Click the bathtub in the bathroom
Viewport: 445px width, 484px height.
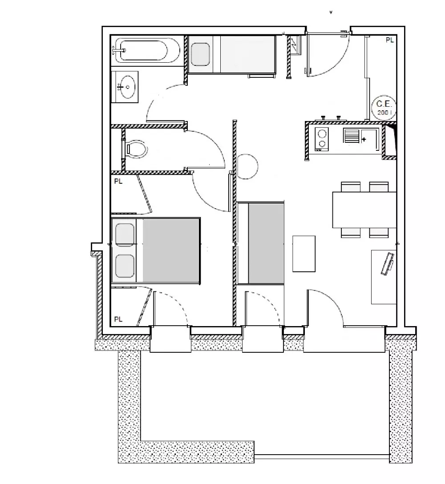pyautogui.click(x=146, y=50)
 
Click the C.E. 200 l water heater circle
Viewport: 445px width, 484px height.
pyautogui.click(x=384, y=107)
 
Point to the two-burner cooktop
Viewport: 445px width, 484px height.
pyautogui.click(x=322, y=139)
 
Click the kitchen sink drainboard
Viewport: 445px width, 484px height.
pyautogui.click(x=352, y=136)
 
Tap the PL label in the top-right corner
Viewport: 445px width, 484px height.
pyautogui.click(x=390, y=40)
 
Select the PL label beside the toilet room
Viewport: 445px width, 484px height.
pyautogui.click(x=118, y=181)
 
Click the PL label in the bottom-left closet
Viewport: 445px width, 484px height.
pyautogui.click(x=118, y=319)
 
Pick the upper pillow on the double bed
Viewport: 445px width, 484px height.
pyautogui.click(x=125, y=235)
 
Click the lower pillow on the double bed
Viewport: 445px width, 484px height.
pyautogui.click(x=125, y=266)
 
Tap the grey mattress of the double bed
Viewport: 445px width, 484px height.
pyautogui.click(x=171, y=250)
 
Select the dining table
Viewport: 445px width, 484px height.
pyautogui.click(x=364, y=210)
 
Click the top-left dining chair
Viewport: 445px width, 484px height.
pyautogui.click(x=351, y=187)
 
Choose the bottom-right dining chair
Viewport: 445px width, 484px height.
pyautogui.click(x=379, y=233)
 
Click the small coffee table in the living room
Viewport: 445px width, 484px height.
pyautogui.click(x=304, y=254)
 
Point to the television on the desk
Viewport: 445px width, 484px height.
pyautogui.click(x=388, y=264)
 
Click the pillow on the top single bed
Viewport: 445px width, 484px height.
pyautogui.click(x=200, y=54)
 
